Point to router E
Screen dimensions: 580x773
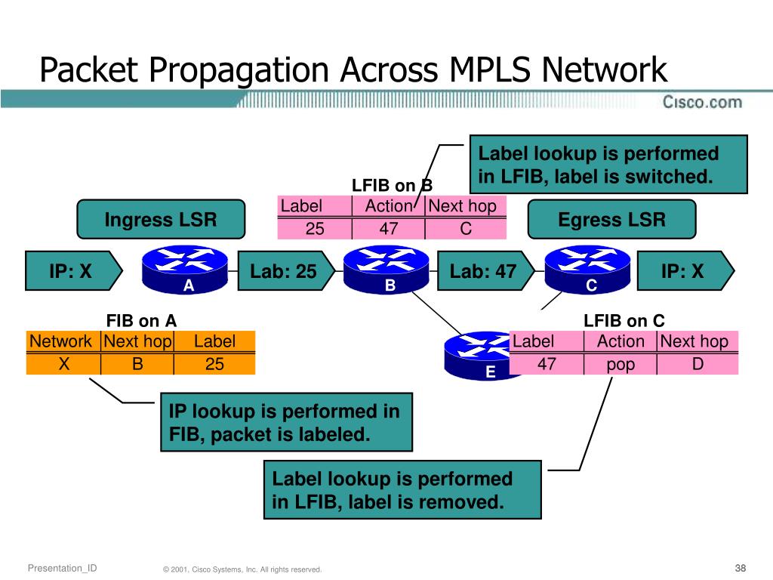[479, 356]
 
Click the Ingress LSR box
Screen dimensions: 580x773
[161, 220]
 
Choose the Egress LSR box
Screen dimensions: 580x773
[611, 220]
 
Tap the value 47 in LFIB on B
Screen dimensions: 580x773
[389, 229]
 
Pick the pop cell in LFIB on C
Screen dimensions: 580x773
[621, 365]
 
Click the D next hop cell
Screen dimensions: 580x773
[698, 364]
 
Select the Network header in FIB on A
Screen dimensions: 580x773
[61, 341]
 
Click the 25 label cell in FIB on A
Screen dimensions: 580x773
[215, 364]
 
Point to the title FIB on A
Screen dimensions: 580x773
[141, 321]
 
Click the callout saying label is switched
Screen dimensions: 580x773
[608, 165]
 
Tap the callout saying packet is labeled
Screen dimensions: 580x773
[286, 422]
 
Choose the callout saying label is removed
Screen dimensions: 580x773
[402, 489]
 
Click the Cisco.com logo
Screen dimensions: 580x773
[701, 101]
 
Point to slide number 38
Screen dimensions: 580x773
[740, 568]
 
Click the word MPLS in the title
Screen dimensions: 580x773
[492, 70]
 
